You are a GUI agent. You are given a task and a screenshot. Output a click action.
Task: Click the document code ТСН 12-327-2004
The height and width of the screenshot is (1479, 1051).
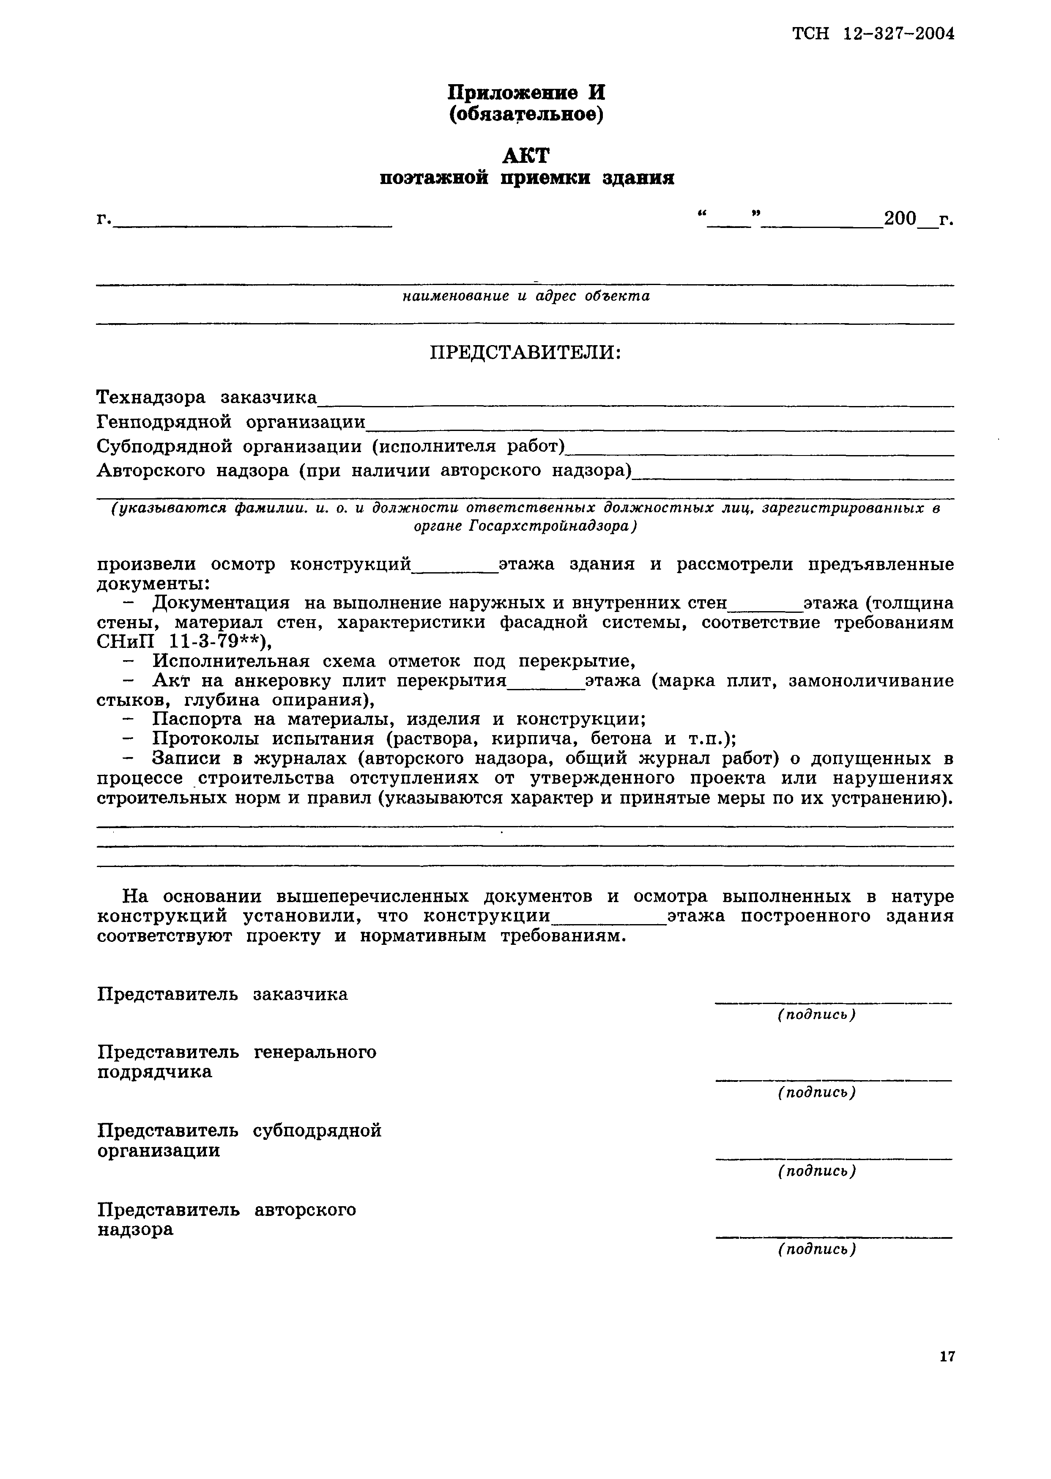[x=873, y=34]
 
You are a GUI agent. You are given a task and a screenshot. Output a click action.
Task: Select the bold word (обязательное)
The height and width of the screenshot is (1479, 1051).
[x=525, y=115]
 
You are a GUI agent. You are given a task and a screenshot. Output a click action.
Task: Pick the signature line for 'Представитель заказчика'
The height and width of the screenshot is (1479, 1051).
[x=834, y=1002]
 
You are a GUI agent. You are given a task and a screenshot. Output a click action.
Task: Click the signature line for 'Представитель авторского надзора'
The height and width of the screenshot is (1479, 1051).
[x=834, y=1237]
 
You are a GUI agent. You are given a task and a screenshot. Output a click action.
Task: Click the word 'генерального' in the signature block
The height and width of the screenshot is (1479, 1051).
[x=315, y=1052]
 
